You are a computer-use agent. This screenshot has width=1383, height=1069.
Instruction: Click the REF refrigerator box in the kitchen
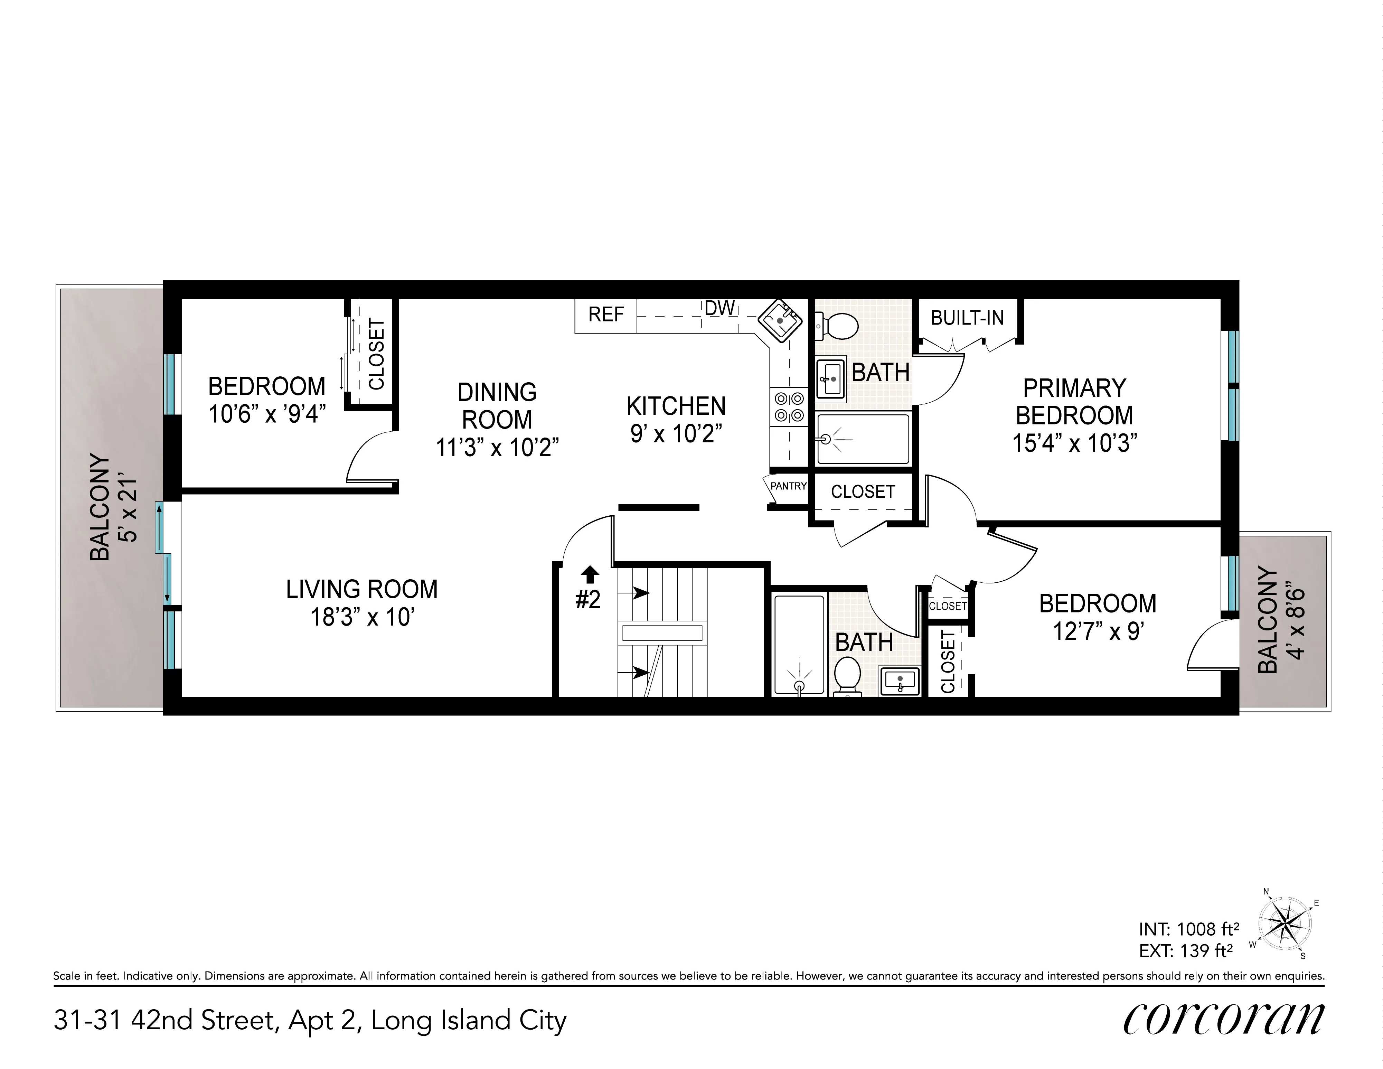(606, 315)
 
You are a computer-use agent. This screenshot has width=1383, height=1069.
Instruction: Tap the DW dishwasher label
(720, 308)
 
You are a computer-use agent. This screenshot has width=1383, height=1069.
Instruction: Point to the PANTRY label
(788, 486)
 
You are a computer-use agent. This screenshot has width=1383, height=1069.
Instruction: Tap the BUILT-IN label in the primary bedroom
(967, 318)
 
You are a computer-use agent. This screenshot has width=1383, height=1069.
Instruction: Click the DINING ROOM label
(497, 406)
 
